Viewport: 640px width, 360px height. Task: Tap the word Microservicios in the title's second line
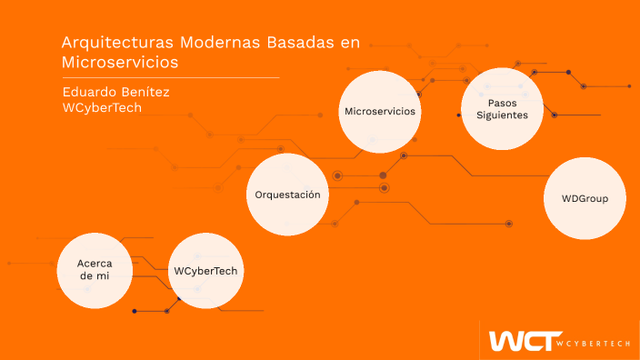119,63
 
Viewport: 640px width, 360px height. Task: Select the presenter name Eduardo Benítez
116,92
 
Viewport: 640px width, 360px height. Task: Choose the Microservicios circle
380,111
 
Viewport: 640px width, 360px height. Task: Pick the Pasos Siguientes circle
502,109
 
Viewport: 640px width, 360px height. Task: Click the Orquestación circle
287,195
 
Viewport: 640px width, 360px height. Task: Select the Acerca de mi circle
95,269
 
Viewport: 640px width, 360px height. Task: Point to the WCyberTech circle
209,272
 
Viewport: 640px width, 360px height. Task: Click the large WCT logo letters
519,341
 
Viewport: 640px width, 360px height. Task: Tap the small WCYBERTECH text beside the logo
595,343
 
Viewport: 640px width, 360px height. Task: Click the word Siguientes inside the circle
502,115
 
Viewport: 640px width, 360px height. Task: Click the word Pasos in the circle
502,103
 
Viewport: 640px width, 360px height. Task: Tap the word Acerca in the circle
95,263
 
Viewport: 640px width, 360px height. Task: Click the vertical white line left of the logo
479,340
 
